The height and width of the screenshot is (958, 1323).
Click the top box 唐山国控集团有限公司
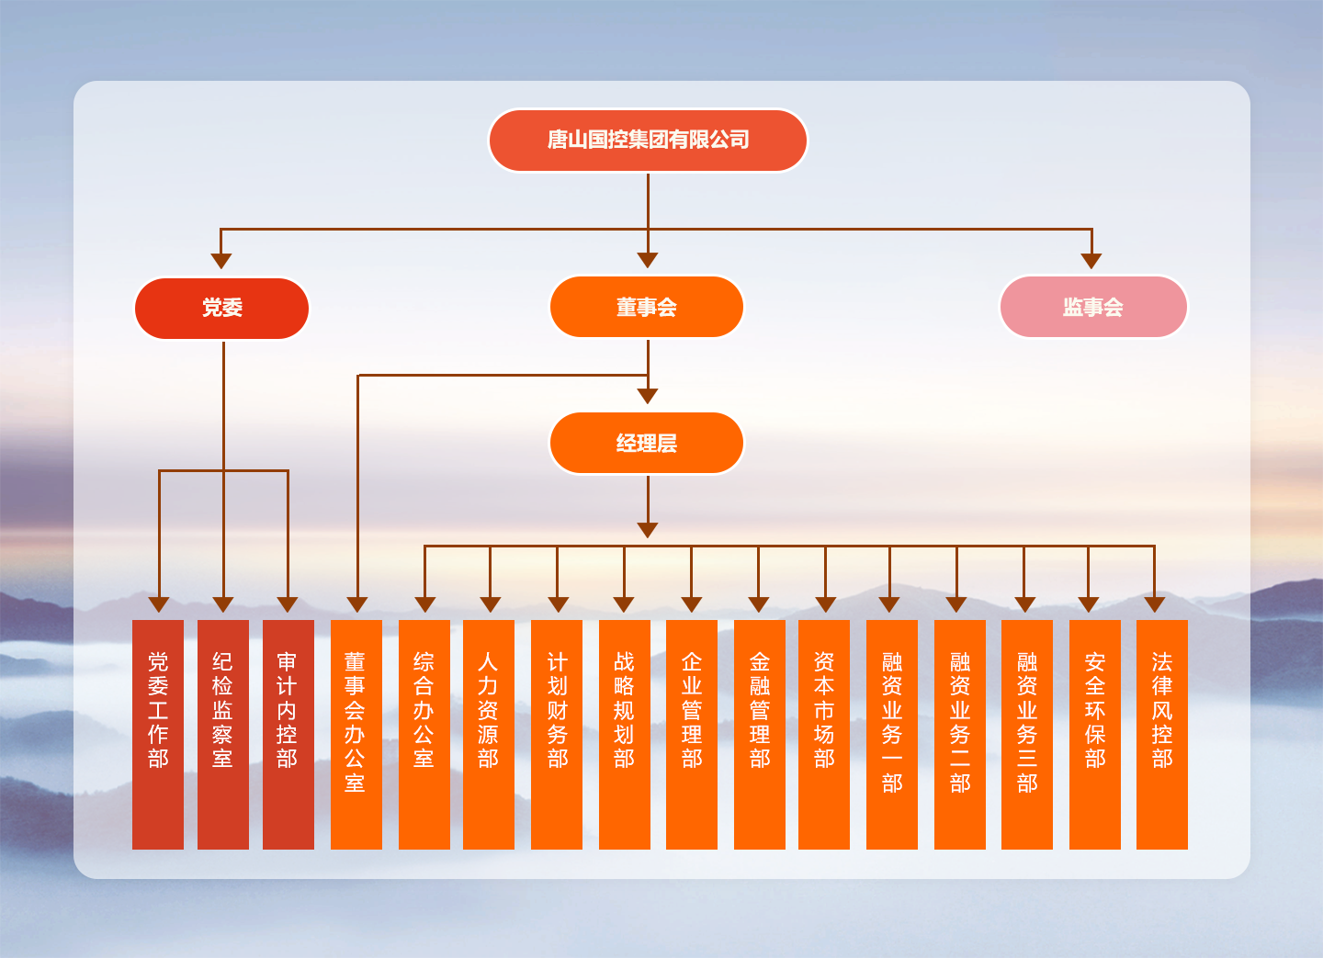[648, 141]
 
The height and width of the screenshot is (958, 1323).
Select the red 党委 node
[222, 309]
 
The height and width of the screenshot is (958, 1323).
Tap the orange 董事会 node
[647, 308]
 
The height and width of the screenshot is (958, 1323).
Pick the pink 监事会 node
[1093, 308]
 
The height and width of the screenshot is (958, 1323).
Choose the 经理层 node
[647, 444]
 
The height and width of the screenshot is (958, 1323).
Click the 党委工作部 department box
[158, 734]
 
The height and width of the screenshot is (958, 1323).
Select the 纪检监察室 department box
[223, 734]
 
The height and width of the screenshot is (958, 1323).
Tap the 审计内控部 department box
[288, 734]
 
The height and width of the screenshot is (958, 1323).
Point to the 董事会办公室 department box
[356, 734]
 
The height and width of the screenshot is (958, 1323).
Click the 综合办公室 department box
[424, 734]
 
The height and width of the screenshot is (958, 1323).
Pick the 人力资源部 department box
[489, 734]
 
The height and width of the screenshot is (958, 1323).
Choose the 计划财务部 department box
[557, 734]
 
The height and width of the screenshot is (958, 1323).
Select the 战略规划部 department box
[625, 734]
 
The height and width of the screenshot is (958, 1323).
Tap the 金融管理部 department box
[760, 734]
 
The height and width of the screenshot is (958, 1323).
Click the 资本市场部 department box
[824, 734]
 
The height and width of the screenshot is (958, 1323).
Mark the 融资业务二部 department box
[960, 734]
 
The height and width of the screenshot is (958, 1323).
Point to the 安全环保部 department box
[1095, 734]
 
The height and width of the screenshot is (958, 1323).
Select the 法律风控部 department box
[1162, 734]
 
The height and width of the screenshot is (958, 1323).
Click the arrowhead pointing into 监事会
[1091, 261]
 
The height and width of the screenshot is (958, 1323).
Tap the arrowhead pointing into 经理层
[648, 396]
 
